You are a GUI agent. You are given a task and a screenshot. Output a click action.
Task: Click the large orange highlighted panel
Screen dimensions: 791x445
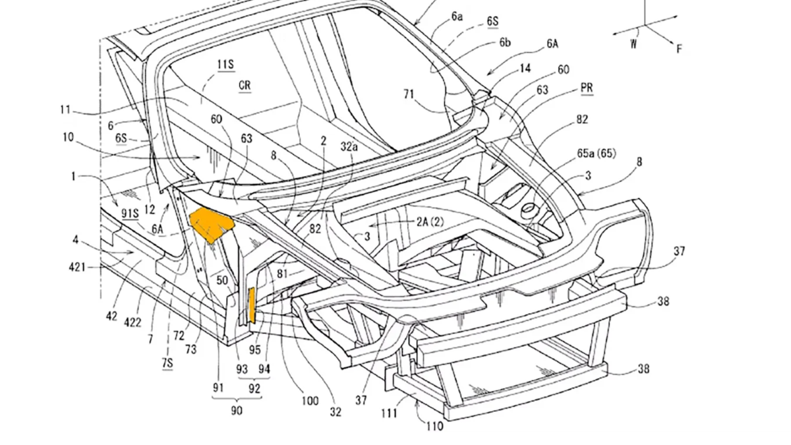(211, 225)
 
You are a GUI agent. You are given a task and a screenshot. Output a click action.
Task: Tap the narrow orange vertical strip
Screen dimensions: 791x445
(252, 305)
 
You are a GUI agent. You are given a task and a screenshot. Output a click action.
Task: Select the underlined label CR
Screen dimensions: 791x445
(245, 86)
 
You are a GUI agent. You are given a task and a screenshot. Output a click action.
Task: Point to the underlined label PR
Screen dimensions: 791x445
(587, 88)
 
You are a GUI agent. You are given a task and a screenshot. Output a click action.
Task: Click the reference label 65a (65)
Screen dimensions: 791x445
(597, 153)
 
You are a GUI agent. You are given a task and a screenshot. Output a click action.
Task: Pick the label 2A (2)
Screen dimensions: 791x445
(430, 222)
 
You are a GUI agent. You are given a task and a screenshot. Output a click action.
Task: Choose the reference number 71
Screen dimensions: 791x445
(409, 94)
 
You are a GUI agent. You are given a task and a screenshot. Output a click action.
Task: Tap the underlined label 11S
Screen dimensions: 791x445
(225, 65)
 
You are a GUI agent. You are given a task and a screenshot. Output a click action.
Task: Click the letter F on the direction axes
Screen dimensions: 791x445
(679, 49)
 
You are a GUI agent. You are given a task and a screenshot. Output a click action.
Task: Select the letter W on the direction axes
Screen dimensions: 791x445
(634, 44)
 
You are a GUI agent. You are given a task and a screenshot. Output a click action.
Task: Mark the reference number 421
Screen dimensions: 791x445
(77, 267)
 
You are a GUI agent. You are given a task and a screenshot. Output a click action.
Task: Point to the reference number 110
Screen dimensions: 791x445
(434, 427)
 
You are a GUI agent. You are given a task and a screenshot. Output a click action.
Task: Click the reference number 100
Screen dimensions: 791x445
(310, 401)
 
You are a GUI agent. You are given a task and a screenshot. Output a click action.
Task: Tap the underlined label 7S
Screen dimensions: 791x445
(167, 363)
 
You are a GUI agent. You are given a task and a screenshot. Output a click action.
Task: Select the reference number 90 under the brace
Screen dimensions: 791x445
(237, 410)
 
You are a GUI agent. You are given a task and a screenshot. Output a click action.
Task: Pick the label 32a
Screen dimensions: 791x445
(349, 146)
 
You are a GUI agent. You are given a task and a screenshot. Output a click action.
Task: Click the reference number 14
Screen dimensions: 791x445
(525, 68)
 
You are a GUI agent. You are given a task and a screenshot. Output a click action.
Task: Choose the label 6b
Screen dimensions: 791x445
(505, 42)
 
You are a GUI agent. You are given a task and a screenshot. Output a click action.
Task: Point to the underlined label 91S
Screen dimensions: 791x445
(130, 214)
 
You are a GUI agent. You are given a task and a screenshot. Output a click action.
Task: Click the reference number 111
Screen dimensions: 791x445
(389, 413)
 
